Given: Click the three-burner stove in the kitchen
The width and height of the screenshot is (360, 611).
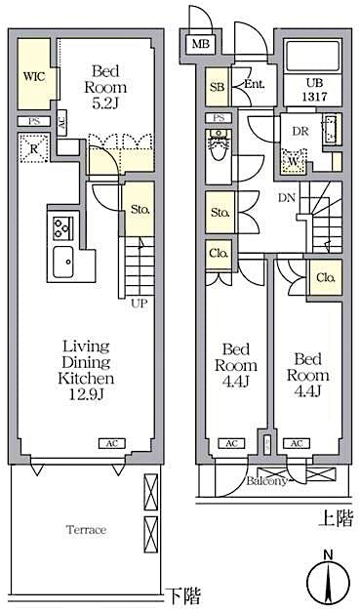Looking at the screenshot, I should tap(60, 228).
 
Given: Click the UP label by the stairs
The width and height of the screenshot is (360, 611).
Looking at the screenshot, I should tap(140, 304).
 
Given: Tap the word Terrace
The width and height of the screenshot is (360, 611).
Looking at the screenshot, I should tap(86, 530).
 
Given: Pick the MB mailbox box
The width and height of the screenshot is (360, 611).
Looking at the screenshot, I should tap(201, 45).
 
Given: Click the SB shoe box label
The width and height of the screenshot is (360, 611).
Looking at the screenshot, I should tap(216, 88).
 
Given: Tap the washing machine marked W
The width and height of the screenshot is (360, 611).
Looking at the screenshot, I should tap(292, 160).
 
